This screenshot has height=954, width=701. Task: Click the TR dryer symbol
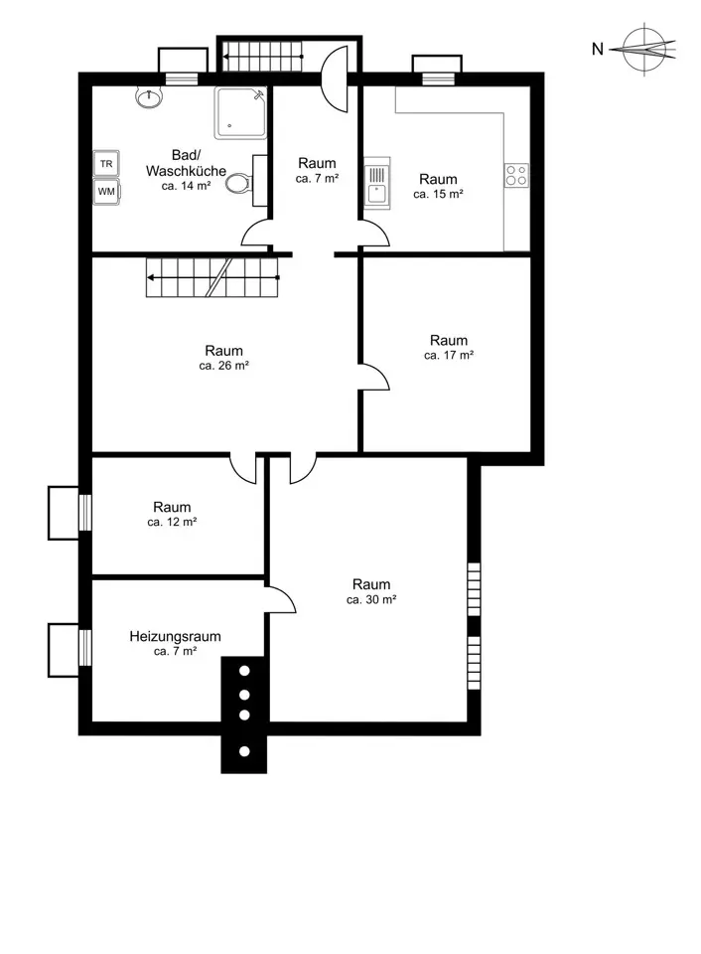(x=106, y=164)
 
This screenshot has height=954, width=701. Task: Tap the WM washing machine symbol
(x=106, y=192)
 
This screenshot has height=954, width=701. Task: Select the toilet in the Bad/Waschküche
(x=239, y=183)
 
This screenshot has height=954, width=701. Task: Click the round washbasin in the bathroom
(x=149, y=97)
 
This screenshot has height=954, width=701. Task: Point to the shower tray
(x=240, y=113)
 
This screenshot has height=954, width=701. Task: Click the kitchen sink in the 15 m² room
(x=377, y=183)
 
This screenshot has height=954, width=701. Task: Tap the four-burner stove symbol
(x=516, y=176)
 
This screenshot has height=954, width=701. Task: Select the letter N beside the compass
(x=598, y=50)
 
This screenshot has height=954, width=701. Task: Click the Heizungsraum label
(x=175, y=636)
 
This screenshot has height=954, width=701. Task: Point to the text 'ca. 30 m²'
(x=371, y=600)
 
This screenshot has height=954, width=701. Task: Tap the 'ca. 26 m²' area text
(x=223, y=367)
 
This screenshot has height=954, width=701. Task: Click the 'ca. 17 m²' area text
(x=449, y=356)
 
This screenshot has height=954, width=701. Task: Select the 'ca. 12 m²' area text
(x=172, y=522)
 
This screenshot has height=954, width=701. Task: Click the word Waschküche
(x=186, y=171)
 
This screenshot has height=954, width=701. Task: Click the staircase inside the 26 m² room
(x=212, y=277)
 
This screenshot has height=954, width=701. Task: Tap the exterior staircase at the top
(x=262, y=56)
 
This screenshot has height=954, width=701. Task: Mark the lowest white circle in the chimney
(x=244, y=751)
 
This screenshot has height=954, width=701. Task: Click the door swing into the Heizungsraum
(x=281, y=600)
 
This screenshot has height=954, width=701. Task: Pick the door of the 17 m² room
(x=374, y=377)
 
